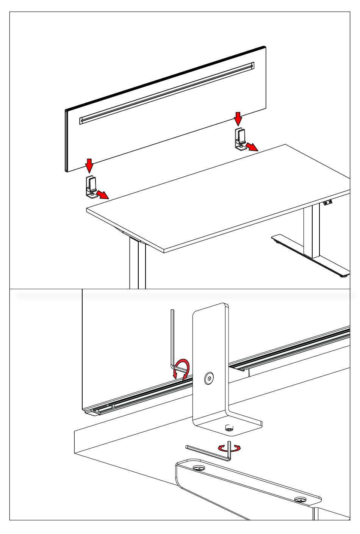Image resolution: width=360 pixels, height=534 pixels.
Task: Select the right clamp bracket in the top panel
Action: [x=240, y=139]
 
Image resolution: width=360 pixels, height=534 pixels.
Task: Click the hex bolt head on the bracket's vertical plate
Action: [x=208, y=378]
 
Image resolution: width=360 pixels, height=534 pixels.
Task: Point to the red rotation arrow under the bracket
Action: [x=230, y=448]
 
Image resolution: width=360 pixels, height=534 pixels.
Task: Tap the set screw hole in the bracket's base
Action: [x=229, y=428]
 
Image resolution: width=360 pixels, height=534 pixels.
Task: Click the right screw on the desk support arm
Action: [x=300, y=500]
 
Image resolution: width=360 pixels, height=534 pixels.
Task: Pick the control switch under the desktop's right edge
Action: [x=327, y=204]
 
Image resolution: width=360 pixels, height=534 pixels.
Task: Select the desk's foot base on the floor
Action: [x=311, y=256]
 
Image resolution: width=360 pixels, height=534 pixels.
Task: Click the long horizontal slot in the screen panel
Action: [x=167, y=93]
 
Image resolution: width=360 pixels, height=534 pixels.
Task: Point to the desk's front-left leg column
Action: [x=137, y=263]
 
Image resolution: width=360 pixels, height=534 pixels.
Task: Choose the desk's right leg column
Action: [x=311, y=231]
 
